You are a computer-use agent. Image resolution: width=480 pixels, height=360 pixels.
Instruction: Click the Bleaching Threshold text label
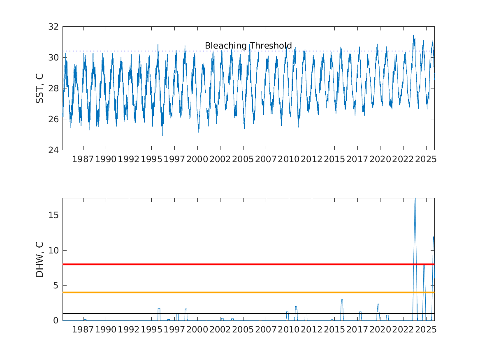pyautogui.click(x=248, y=46)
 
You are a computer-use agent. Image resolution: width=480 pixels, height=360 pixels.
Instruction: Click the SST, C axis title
pyautogui.click(x=40, y=88)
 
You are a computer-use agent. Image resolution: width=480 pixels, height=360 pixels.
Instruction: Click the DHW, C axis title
pyautogui.click(x=40, y=259)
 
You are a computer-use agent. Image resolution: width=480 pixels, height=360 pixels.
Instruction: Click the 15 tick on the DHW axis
pyautogui.click(x=55, y=215)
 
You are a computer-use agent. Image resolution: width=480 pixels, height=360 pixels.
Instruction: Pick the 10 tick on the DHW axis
pyautogui.click(x=55, y=251)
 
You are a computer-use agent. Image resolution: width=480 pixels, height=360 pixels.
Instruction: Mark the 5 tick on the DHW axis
pyautogui.click(x=57, y=286)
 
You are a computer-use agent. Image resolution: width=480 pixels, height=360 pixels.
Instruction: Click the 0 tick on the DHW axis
pyautogui.click(x=57, y=321)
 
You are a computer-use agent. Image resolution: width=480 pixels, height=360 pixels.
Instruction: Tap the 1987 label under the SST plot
pyautogui.click(x=83, y=159)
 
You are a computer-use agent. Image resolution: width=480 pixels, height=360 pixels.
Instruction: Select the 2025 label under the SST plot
pyautogui.click(x=425, y=159)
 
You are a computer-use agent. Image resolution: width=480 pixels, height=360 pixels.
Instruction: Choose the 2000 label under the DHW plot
pyautogui.click(x=197, y=330)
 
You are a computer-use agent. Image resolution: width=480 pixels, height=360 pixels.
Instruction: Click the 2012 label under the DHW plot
pyautogui.click(x=311, y=330)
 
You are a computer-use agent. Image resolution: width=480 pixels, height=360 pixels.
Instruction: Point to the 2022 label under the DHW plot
pyautogui.click(x=403, y=330)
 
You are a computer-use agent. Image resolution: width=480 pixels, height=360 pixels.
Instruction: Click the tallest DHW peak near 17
pyautogui.click(x=415, y=200)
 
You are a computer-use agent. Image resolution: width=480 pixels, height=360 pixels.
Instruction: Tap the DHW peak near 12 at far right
pyautogui.click(x=434, y=237)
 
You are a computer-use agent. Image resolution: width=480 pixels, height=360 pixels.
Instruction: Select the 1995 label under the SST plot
pyautogui.click(x=151, y=159)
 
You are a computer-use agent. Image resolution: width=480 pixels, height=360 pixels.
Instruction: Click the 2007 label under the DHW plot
pyautogui.click(x=266, y=330)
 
